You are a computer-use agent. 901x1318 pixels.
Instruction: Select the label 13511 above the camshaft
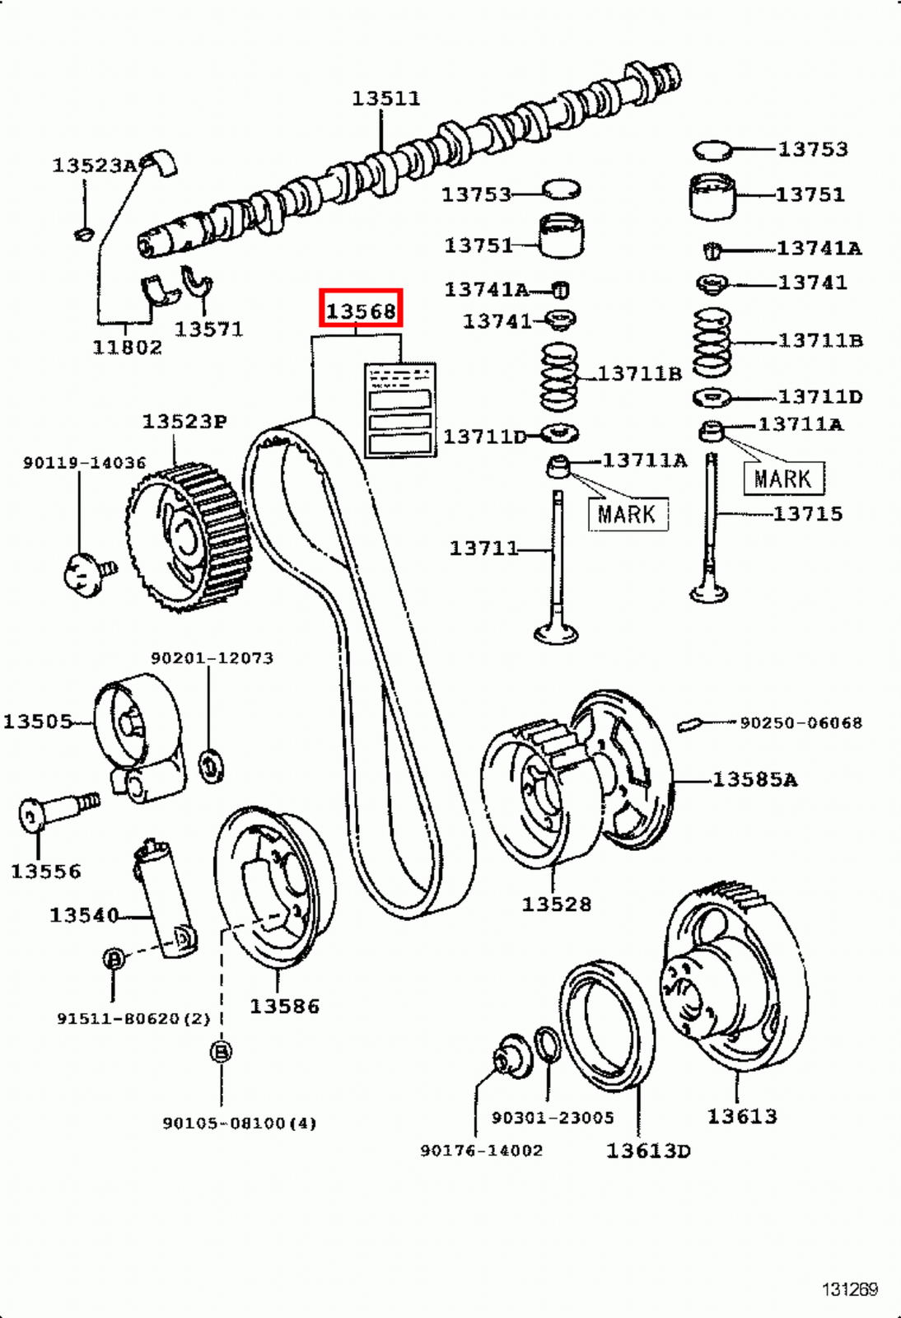(385, 98)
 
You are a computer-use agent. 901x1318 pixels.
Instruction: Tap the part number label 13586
(284, 1006)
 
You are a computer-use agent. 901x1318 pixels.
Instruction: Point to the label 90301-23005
(553, 1118)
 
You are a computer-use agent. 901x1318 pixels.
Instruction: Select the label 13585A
(754, 779)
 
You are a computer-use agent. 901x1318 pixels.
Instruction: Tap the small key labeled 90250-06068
(689, 724)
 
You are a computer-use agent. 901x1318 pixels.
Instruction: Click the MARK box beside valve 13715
(782, 479)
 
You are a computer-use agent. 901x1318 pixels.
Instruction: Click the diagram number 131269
(849, 1289)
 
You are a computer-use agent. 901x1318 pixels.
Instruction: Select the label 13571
(208, 329)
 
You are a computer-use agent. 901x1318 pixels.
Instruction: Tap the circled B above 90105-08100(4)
(221, 1052)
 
